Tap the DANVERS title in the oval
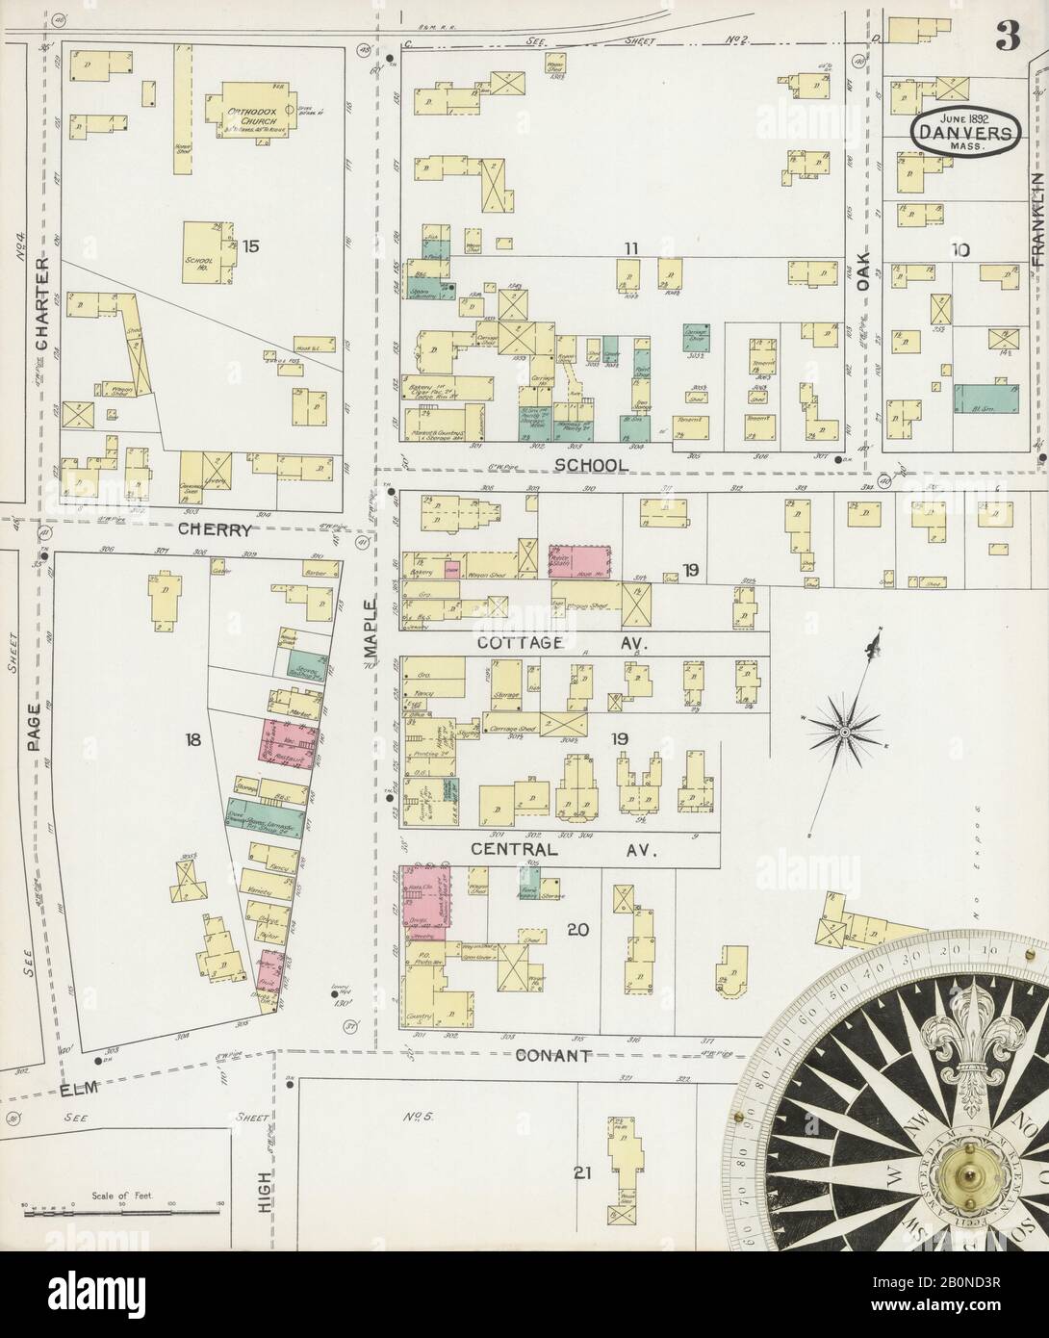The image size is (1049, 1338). click(x=961, y=135)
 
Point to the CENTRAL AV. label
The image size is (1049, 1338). click(x=562, y=850)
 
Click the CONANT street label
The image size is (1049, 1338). click(x=552, y=1056)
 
